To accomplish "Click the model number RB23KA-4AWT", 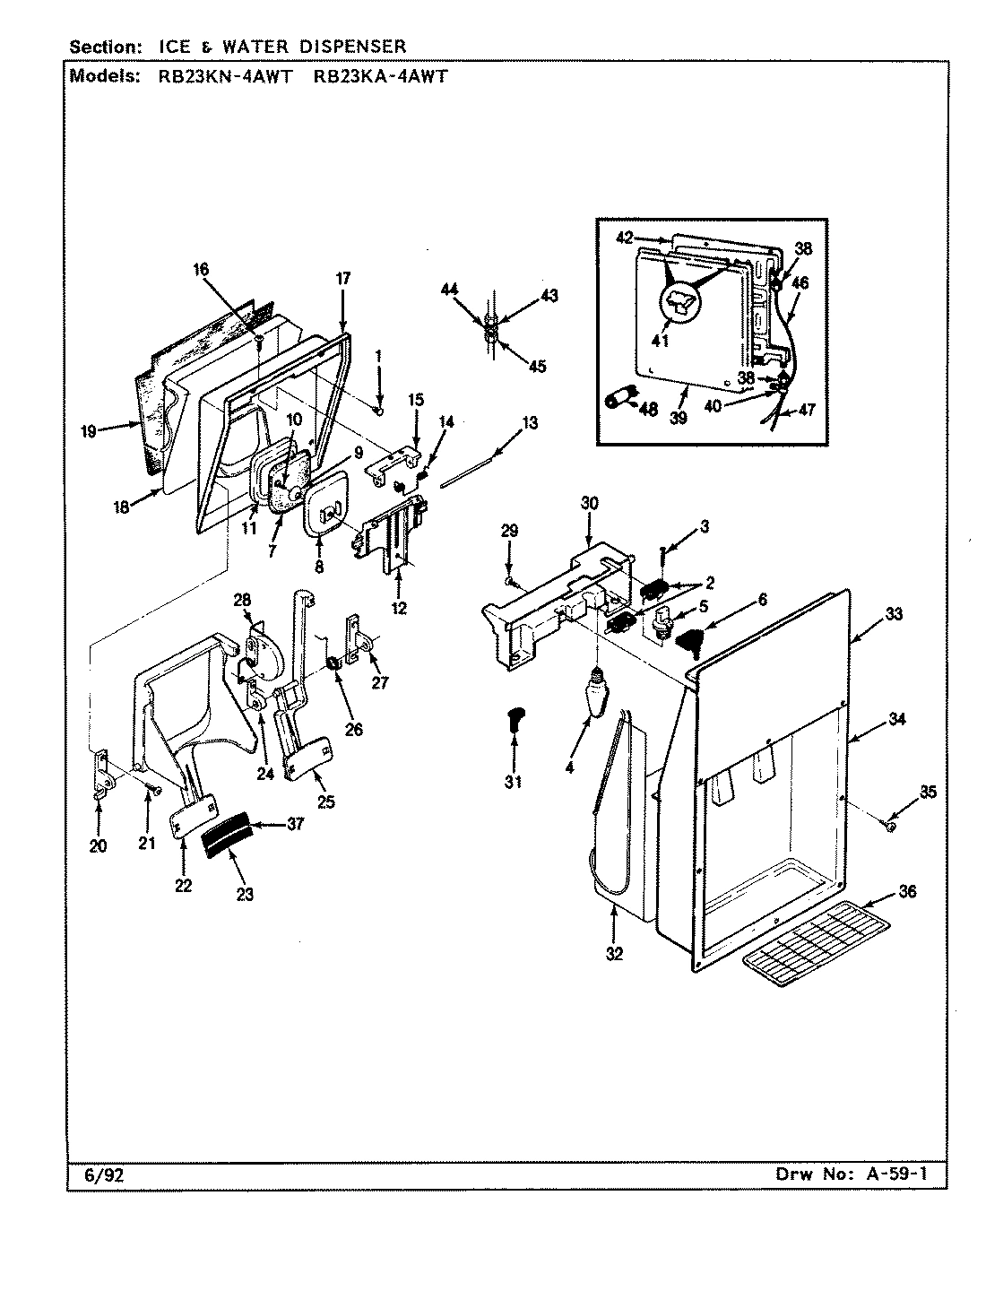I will [380, 76].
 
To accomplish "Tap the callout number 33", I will [894, 615].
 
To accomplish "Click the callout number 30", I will [589, 504].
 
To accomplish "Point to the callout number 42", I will [625, 238].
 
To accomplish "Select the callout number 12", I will [399, 609].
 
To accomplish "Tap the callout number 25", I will [325, 802].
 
